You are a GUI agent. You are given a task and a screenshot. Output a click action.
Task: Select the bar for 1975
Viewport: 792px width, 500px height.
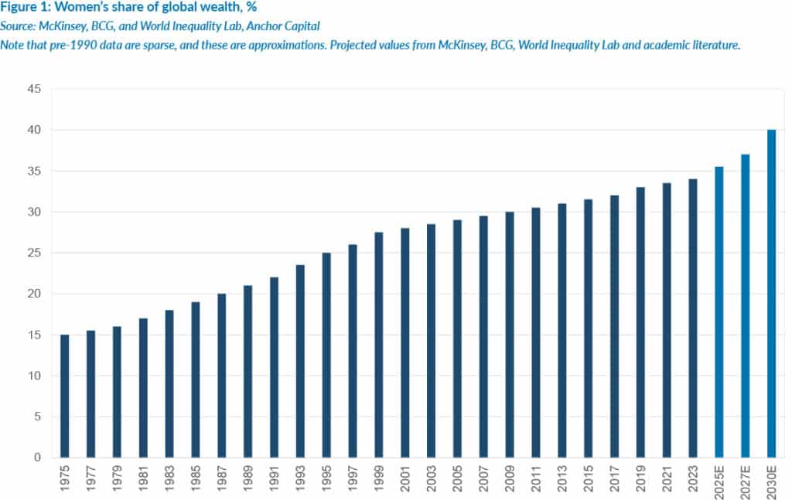tap(64, 396)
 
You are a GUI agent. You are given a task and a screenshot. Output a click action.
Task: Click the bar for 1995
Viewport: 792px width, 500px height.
tap(326, 355)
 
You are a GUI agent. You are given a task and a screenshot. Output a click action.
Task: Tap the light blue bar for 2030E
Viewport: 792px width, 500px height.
tap(771, 294)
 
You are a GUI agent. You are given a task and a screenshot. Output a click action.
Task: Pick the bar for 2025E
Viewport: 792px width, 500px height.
tap(719, 312)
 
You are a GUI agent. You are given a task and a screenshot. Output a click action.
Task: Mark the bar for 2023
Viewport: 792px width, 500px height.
tap(693, 318)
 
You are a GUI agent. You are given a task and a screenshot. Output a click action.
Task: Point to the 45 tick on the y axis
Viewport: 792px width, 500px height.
tap(34, 90)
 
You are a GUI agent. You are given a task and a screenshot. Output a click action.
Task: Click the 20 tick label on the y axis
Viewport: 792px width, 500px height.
tap(34, 294)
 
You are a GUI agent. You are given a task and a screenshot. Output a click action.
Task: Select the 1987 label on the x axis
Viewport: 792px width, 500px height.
tap(222, 479)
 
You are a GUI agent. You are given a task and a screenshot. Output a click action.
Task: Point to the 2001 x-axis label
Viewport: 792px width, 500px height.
tap(405, 479)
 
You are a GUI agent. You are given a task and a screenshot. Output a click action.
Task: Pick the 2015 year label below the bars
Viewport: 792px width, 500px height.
tap(589, 479)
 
